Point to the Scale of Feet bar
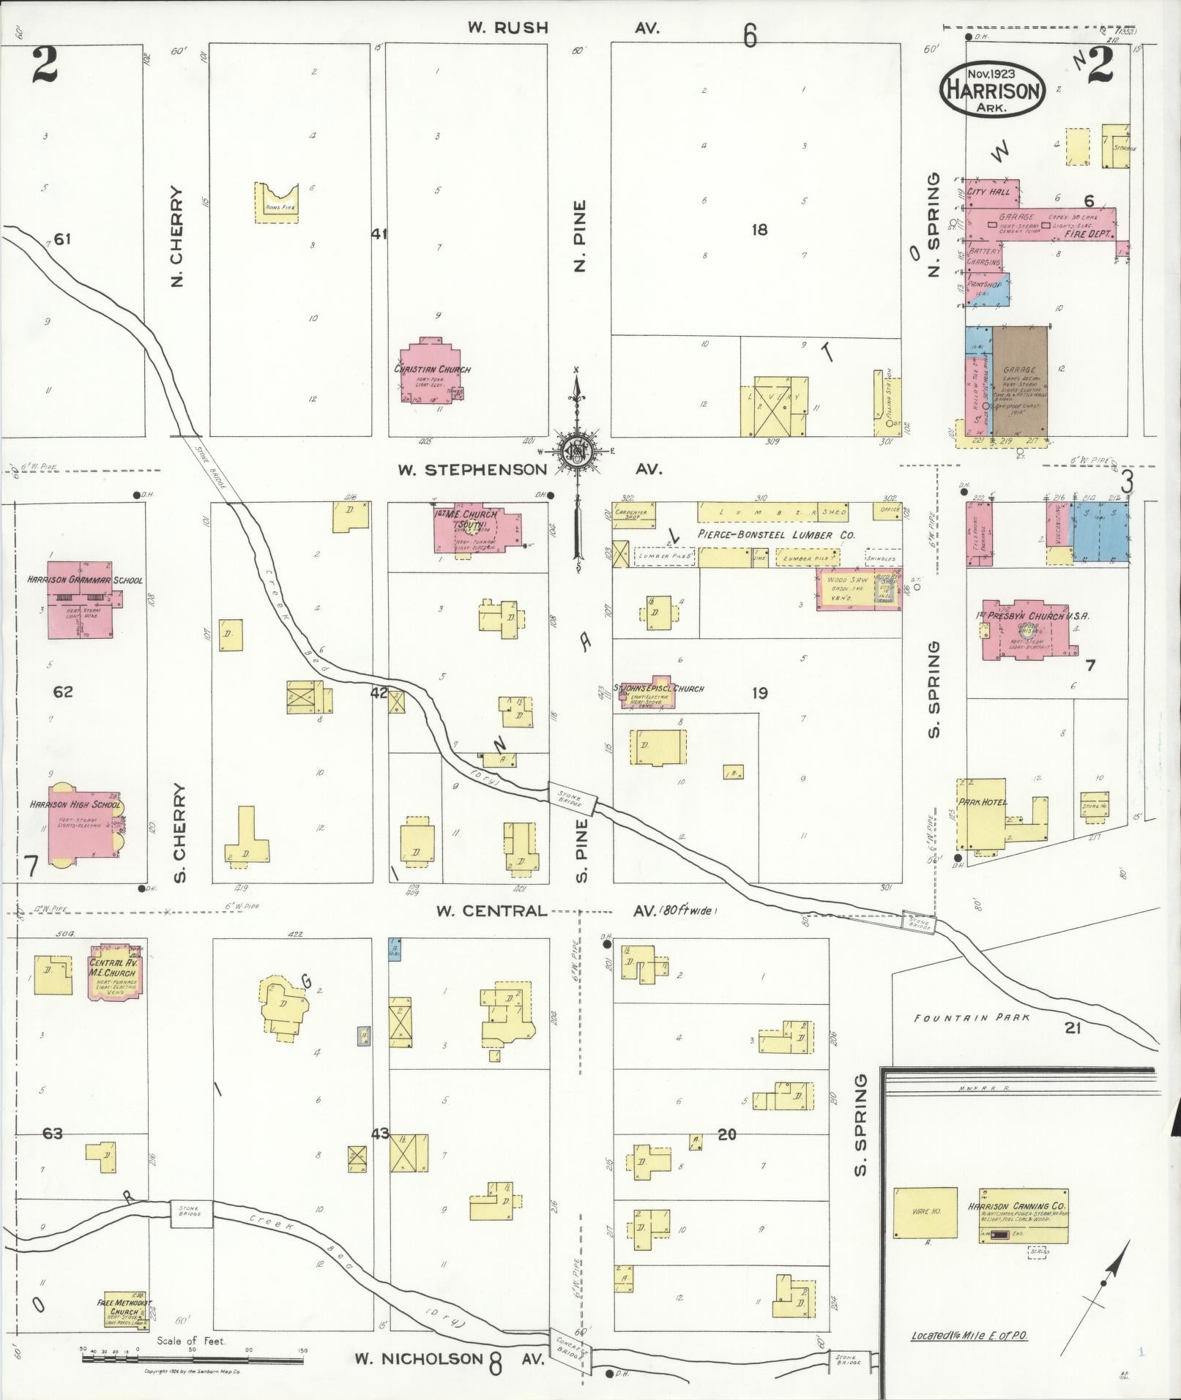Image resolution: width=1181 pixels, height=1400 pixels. point(193,1359)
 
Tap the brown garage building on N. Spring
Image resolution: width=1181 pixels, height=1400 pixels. point(1020,382)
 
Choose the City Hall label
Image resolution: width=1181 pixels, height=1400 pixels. point(988,192)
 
